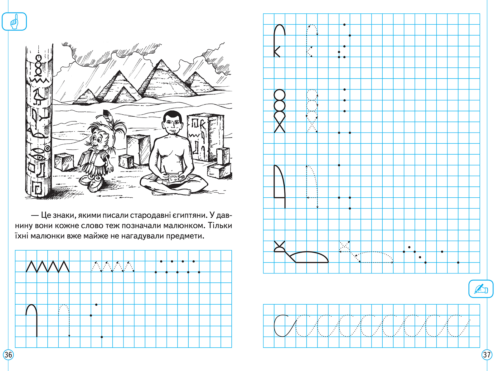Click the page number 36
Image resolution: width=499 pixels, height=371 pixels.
8,355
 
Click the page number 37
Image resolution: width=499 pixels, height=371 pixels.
487,355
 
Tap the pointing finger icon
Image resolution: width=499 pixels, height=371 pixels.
14,22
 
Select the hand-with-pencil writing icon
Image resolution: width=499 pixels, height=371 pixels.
481,289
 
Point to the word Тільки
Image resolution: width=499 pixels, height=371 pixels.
220,225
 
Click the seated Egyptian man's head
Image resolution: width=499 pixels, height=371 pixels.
172,123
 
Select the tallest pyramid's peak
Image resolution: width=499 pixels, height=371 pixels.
161,60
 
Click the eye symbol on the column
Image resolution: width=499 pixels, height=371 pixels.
39,157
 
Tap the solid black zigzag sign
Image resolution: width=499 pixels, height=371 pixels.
48,267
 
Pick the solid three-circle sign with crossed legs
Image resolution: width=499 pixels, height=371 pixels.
279,111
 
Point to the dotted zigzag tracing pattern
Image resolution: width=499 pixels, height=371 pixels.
113,267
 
